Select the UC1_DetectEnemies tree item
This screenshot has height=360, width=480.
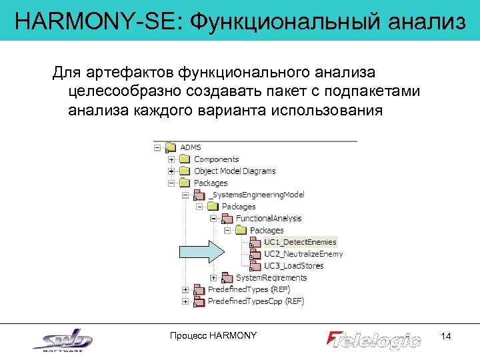300,242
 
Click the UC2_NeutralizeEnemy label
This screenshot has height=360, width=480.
303,254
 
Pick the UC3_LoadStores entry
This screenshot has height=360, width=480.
293,266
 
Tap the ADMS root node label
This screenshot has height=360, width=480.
191,147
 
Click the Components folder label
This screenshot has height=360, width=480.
216,159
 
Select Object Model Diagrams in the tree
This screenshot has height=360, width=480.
234,171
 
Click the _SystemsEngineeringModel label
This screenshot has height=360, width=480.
256,195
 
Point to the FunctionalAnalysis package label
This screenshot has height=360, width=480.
269,219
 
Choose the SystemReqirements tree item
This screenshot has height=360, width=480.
271,278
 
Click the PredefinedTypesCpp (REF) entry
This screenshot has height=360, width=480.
255,301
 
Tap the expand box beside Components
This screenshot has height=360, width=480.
171,159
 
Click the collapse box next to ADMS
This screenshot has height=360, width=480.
157,147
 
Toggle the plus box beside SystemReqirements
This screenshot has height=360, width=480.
213,278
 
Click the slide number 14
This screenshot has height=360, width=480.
446,337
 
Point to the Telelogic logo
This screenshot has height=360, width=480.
374,339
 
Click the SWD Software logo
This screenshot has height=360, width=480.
63,339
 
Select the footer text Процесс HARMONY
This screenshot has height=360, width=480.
213,335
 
